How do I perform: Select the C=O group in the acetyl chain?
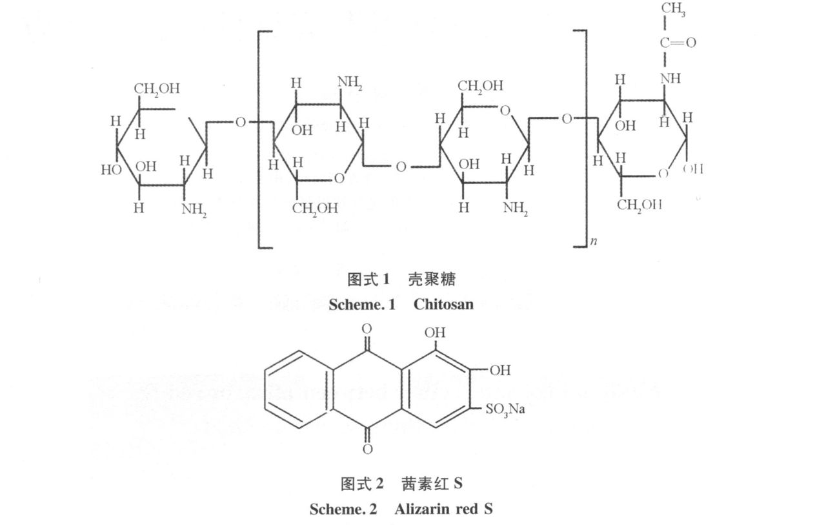[x=677, y=43]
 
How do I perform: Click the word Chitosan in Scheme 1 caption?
[x=443, y=304]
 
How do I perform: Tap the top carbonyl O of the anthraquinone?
[x=367, y=329]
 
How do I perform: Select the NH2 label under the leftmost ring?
[x=194, y=210]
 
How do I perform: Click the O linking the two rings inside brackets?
[x=401, y=167]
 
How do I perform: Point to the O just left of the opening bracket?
[x=240, y=122]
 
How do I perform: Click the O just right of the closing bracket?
[x=566, y=118]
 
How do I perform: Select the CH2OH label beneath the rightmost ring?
[x=640, y=205]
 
